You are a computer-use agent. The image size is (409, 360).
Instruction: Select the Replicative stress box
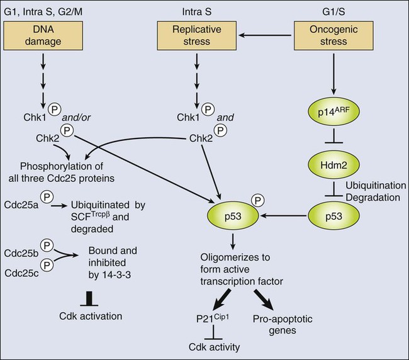click(199, 35)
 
